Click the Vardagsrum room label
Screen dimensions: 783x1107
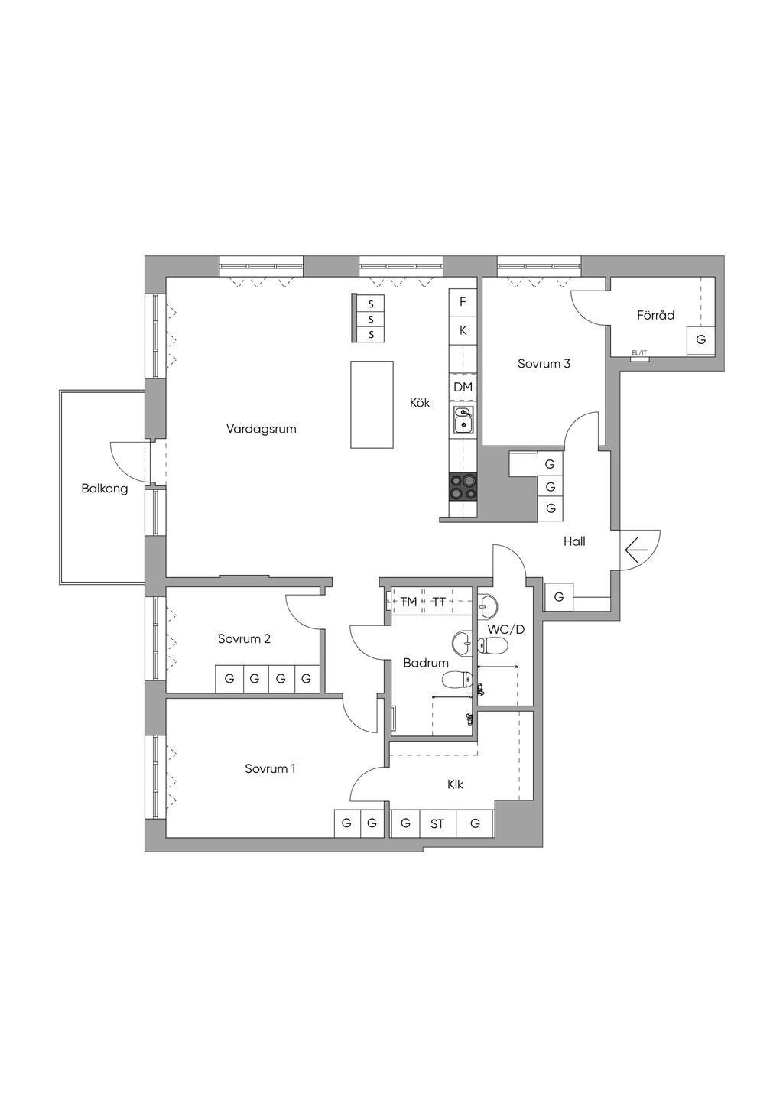[x=261, y=429]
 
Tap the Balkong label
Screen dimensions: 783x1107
[x=104, y=489]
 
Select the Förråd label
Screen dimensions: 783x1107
[x=655, y=315]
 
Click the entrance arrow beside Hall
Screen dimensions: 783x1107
[x=636, y=550]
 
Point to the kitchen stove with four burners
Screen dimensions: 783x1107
[x=463, y=487]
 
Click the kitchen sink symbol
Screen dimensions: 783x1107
[x=463, y=420]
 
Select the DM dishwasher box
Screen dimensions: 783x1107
[x=463, y=387]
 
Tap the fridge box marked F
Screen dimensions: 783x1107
[x=463, y=301]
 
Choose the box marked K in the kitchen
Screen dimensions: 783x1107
[x=463, y=330]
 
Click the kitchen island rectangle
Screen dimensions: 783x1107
[x=372, y=404]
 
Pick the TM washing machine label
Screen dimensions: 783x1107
[x=409, y=602]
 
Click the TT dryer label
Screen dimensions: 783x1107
[x=439, y=602]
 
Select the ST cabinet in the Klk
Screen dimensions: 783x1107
[x=437, y=824]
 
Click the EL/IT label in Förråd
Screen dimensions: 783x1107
[x=639, y=352]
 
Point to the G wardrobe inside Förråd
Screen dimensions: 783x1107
[x=701, y=340]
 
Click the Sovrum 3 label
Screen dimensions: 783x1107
[x=544, y=364]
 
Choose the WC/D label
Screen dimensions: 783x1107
[x=505, y=630]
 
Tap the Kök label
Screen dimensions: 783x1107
[x=420, y=403]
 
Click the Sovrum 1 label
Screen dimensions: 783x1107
[x=270, y=769]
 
